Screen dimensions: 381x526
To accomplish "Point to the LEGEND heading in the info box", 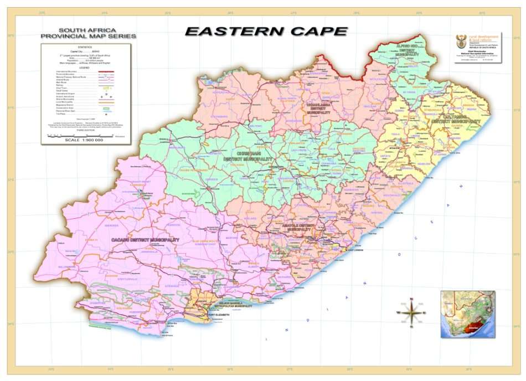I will (x=86, y=67).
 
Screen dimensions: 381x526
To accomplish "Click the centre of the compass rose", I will (x=411, y=313).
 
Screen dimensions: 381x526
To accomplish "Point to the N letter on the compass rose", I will (x=411, y=300).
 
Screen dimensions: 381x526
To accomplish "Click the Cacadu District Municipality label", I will (x=145, y=239).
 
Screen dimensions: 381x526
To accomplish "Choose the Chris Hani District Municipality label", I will (x=247, y=156).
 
